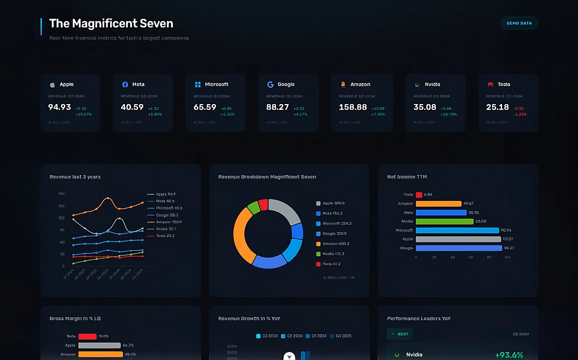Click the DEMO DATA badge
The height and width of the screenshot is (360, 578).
click(519, 23)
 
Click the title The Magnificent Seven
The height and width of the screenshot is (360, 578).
click(111, 23)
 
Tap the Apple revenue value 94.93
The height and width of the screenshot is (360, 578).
click(60, 107)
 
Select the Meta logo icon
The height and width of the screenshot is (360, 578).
click(125, 85)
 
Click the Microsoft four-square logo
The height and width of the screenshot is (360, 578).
click(198, 85)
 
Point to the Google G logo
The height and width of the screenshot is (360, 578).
click(270, 85)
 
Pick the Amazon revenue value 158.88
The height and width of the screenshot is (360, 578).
click(353, 107)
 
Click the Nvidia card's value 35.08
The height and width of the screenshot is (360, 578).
click(425, 107)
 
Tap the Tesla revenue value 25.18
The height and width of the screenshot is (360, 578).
click(497, 107)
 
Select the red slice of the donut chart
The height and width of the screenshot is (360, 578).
click(263, 205)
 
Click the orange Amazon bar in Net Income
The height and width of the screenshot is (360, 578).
click(438, 204)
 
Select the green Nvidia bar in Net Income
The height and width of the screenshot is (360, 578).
click(445, 221)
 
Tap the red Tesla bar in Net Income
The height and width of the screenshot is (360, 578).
click(419, 195)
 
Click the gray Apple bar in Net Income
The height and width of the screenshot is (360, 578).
click(458, 239)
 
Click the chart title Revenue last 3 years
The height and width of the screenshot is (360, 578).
click(75, 177)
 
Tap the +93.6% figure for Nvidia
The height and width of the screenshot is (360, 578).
click(509, 355)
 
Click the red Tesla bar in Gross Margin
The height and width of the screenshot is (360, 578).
click(87, 337)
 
